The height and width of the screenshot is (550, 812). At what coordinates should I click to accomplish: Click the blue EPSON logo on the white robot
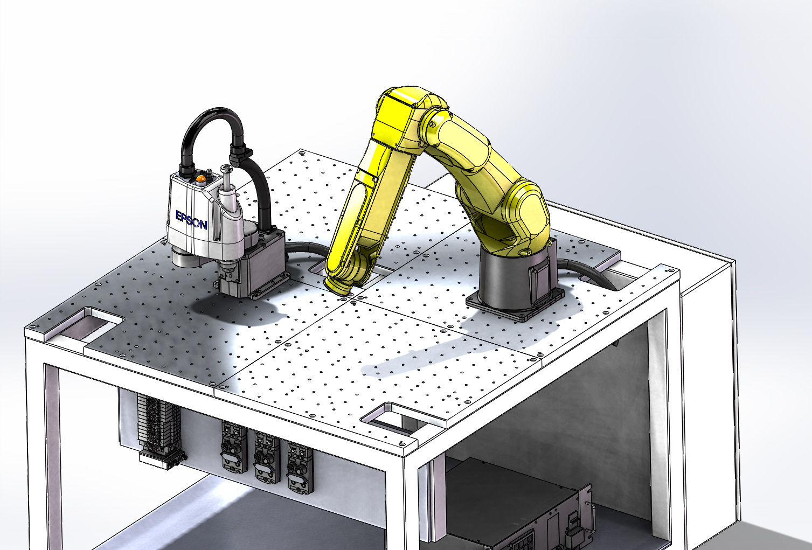tap(191, 220)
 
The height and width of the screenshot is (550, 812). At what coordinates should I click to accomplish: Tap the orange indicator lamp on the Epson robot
tap(200, 178)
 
